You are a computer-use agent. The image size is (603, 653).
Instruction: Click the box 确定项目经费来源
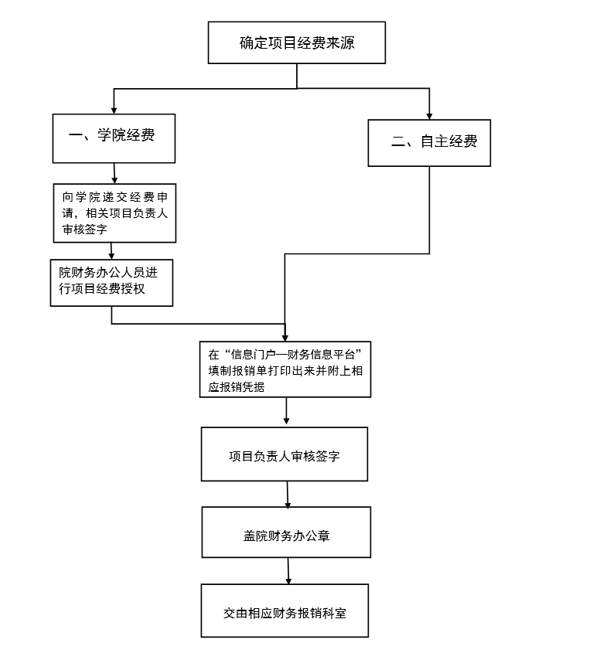point(296,43)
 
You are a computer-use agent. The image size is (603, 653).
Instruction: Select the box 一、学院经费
point(114,138)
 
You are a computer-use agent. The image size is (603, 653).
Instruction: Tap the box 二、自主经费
point(429,142)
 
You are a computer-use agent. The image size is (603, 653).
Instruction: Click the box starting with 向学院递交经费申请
point(114,213)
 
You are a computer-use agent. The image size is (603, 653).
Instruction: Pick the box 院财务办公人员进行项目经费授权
point(111,282)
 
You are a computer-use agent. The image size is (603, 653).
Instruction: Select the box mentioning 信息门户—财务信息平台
point(285,369)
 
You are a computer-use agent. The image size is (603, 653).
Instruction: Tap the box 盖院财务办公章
point(286,532)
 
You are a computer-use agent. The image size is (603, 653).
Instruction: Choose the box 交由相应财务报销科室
point(284,610)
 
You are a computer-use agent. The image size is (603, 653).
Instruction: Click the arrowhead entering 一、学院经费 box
point(114,110)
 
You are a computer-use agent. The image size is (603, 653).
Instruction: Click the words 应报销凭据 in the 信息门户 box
point(237,387)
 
